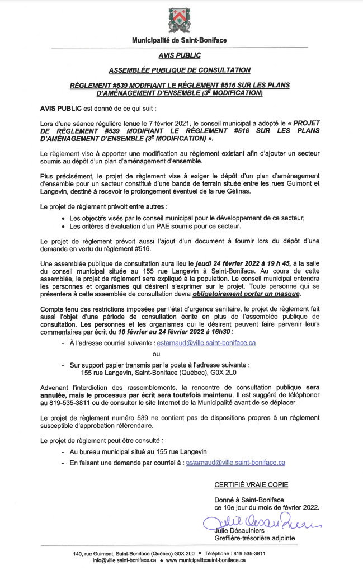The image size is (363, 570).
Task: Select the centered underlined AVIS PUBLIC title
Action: [x=179, y=55]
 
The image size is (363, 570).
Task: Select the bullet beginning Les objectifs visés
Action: [x=187, y=218]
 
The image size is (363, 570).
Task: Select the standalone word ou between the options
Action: [x=157, y=354]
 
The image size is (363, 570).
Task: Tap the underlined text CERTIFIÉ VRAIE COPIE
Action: [x=251, y=484]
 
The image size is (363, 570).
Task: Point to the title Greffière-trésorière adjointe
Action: [x=254, y=538]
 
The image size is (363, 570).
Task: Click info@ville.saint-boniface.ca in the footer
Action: [x=125, y=560]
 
